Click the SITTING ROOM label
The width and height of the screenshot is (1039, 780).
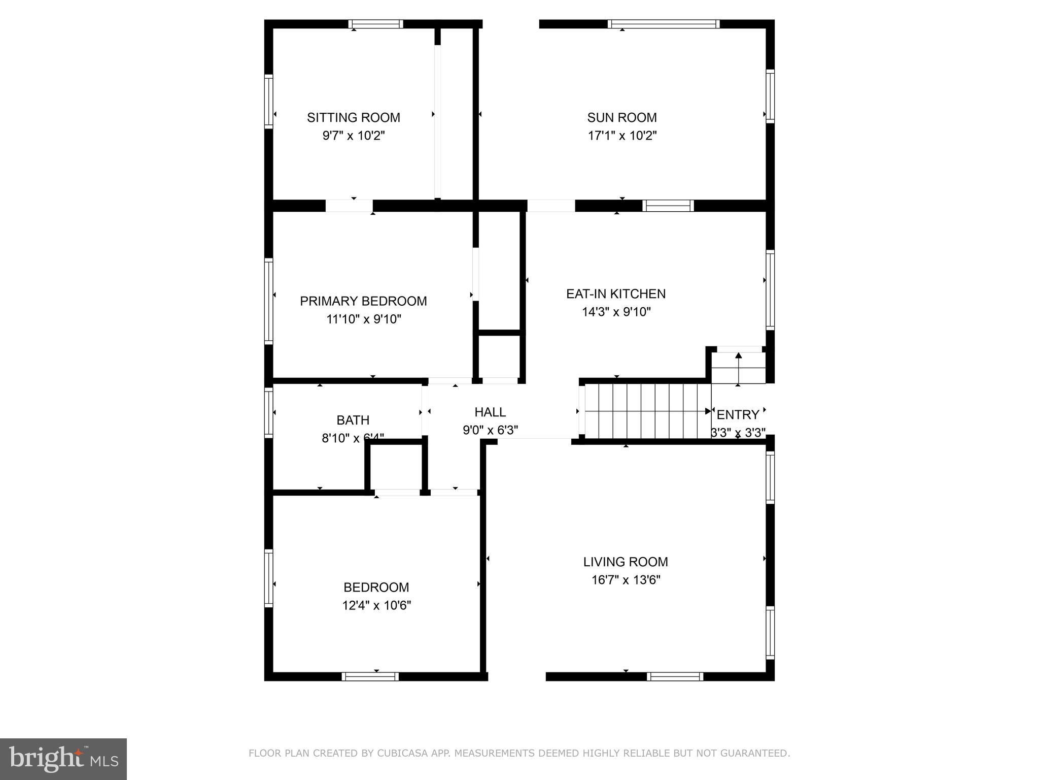click(353, 117)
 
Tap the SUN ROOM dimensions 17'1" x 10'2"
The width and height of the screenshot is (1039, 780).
click(622, 136)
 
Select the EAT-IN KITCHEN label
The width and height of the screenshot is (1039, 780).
click(616, 294)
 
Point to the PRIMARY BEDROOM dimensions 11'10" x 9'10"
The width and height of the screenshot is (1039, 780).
click(363, 319)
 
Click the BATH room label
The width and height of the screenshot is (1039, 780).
click(353, 420)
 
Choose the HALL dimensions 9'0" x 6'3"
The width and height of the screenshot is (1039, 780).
click(490, 430)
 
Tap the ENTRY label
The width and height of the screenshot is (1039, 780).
click(738, 414)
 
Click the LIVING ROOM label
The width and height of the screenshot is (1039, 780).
click(625, 562)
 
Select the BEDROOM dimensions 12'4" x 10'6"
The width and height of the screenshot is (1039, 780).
click(376, 605)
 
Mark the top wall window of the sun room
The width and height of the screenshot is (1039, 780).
click(663, 24)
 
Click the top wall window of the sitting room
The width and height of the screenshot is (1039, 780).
click(375, 24)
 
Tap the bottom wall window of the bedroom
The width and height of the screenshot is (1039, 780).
click(370, 676)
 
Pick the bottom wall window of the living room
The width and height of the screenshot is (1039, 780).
click(675, 676)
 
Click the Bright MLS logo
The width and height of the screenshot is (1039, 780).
click(63, 759)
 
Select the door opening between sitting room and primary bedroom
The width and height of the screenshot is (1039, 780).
click(349, 206)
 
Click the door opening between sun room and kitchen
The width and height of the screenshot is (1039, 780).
click(551, 206)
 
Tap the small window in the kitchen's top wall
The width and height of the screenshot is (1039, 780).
click(668, 206)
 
